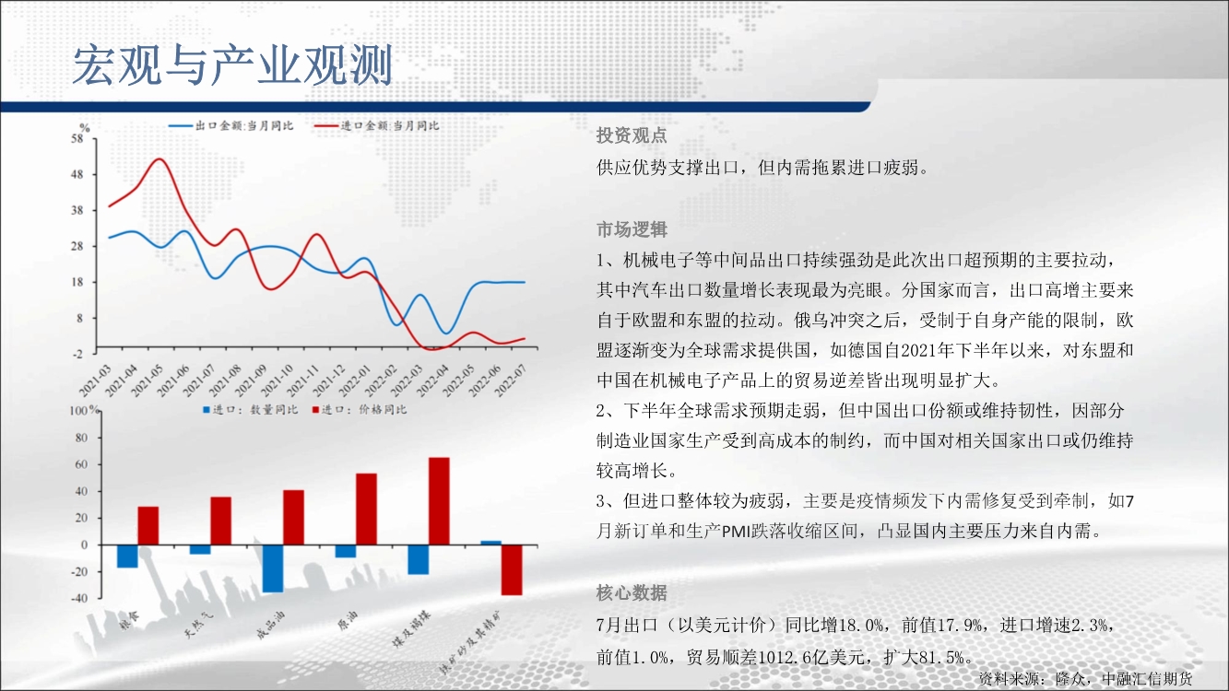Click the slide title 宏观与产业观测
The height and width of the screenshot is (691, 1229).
(232, 65)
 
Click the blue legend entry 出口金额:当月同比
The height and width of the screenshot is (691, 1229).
(231, 125)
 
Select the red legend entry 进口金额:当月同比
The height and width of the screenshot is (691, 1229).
(377, 125)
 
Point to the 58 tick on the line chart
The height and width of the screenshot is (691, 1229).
(77, 139)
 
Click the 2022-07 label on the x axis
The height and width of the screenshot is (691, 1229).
(511, 381)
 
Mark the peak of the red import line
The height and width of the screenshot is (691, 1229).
(160, 159)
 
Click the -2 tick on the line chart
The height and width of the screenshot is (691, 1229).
(77, 354)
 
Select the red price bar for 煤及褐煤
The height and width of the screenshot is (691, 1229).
(439, 501)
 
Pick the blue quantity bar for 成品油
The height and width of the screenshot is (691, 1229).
(273, 568)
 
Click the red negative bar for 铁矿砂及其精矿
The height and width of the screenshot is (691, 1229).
(512, 570)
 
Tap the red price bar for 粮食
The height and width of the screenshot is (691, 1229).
(148, 526)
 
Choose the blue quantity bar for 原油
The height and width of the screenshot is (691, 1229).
(346, 551)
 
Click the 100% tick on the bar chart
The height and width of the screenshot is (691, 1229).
(84, 410)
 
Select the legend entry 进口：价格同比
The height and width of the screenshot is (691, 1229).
(360, 410)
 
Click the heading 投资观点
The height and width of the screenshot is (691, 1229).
(632, 135)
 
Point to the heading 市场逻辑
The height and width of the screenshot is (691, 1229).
(632, 229)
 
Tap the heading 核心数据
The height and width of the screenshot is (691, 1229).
(632, 592)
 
